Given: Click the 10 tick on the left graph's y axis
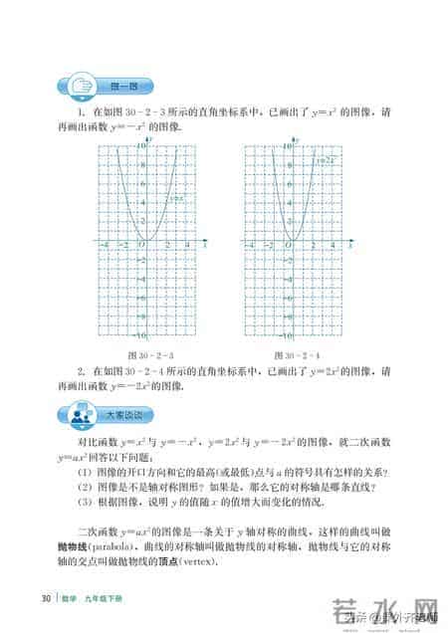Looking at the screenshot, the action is pos(140,144).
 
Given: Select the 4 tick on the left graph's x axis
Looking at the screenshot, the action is pos(186,246).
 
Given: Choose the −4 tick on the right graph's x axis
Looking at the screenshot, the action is pos(251,246).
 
